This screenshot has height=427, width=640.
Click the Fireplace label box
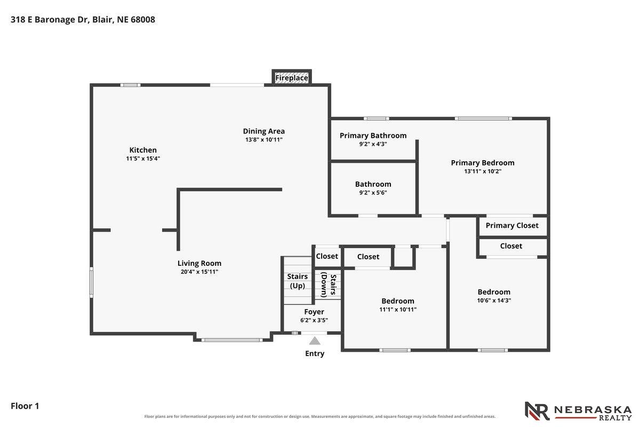[x=291, y=77]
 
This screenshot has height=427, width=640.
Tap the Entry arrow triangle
[x=315, y=341]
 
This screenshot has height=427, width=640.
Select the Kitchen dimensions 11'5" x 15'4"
[x=143, y=159]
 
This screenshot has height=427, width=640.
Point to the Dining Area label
[x=263, y=131]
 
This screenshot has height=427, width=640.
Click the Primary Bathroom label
[x=373, y=136]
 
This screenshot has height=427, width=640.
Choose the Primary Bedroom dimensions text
[x=483, y=171]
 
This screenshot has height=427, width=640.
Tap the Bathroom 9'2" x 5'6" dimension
[x=373, y=193]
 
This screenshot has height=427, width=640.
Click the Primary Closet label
[x=512, y=225]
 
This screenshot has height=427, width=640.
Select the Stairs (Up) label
[x=298, y=281]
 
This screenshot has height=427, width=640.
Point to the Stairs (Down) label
[x=329, y=284]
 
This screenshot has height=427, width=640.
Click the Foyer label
[x=314, y=312]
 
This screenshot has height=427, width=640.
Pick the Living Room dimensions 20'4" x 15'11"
[x=199, y=272]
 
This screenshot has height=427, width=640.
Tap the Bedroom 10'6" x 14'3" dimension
[x=494, y=301]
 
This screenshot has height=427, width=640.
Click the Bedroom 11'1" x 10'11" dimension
[x=398, y=310]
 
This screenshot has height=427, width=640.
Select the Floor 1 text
[x=25, y=406]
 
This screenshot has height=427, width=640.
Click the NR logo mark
[x=537, y=411]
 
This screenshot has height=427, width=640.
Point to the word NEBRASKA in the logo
[x=593, y=410]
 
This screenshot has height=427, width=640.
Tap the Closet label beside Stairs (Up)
[x=327, y=256]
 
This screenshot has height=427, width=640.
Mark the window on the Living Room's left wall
[x=91, y=282]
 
